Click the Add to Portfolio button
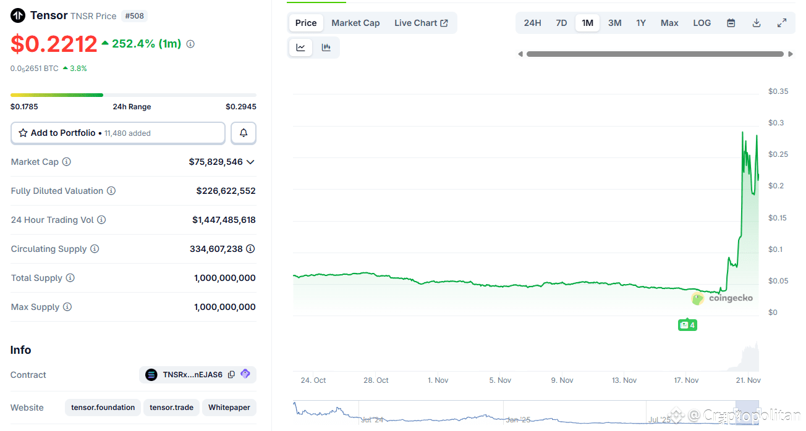pyautogui.click(x=117, y=133)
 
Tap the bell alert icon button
pyautogui.click(x=244, y=133)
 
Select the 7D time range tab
pyautogui.click(x=561, y=23)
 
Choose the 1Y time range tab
pyautogui.click(x=641, y=23)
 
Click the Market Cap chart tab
pyautogui.click(x=355, y=23)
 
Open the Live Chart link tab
pyautogui.click(x=421, y=23)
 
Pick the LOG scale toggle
pyautogui.click(x=702, y=23)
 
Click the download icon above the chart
pyautogui.click(x=756, y=23)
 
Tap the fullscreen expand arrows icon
pyautogui.click(x=782, y=23)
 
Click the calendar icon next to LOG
pyautogui.click(x=731, y=23)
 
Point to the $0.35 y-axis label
pyautogui.click(x=778, y=91)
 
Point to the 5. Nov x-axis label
pyautogui.click(x=500, y=380)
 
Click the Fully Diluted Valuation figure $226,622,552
pyautogui.click(x=226, y=191)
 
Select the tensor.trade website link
pyautogui.click(x=171, y=408)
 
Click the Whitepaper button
pyautogui.click(x=229, y=408)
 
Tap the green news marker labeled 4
pyautogui.click(x=687, y=325)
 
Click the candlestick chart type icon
pyautogui.click(x=326, y=48)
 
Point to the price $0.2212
pyautogui.click(x=54, y=44)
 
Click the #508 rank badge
pyautogui.click(x=135, y=16)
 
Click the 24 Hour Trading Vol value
pyautogui.click(x=224, y=220)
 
